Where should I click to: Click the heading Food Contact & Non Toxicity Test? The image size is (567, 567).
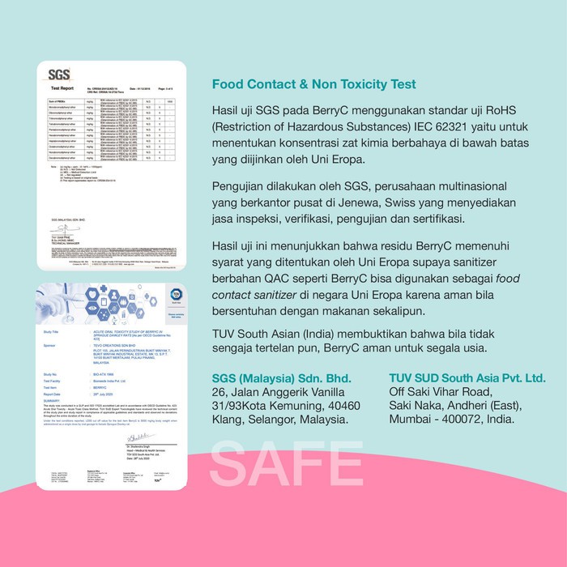click(313, 83)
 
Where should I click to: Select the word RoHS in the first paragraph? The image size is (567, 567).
click(481, 110)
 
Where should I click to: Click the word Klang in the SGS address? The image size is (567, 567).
click(229, 420)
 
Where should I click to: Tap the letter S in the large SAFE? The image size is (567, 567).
click(230, 465)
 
